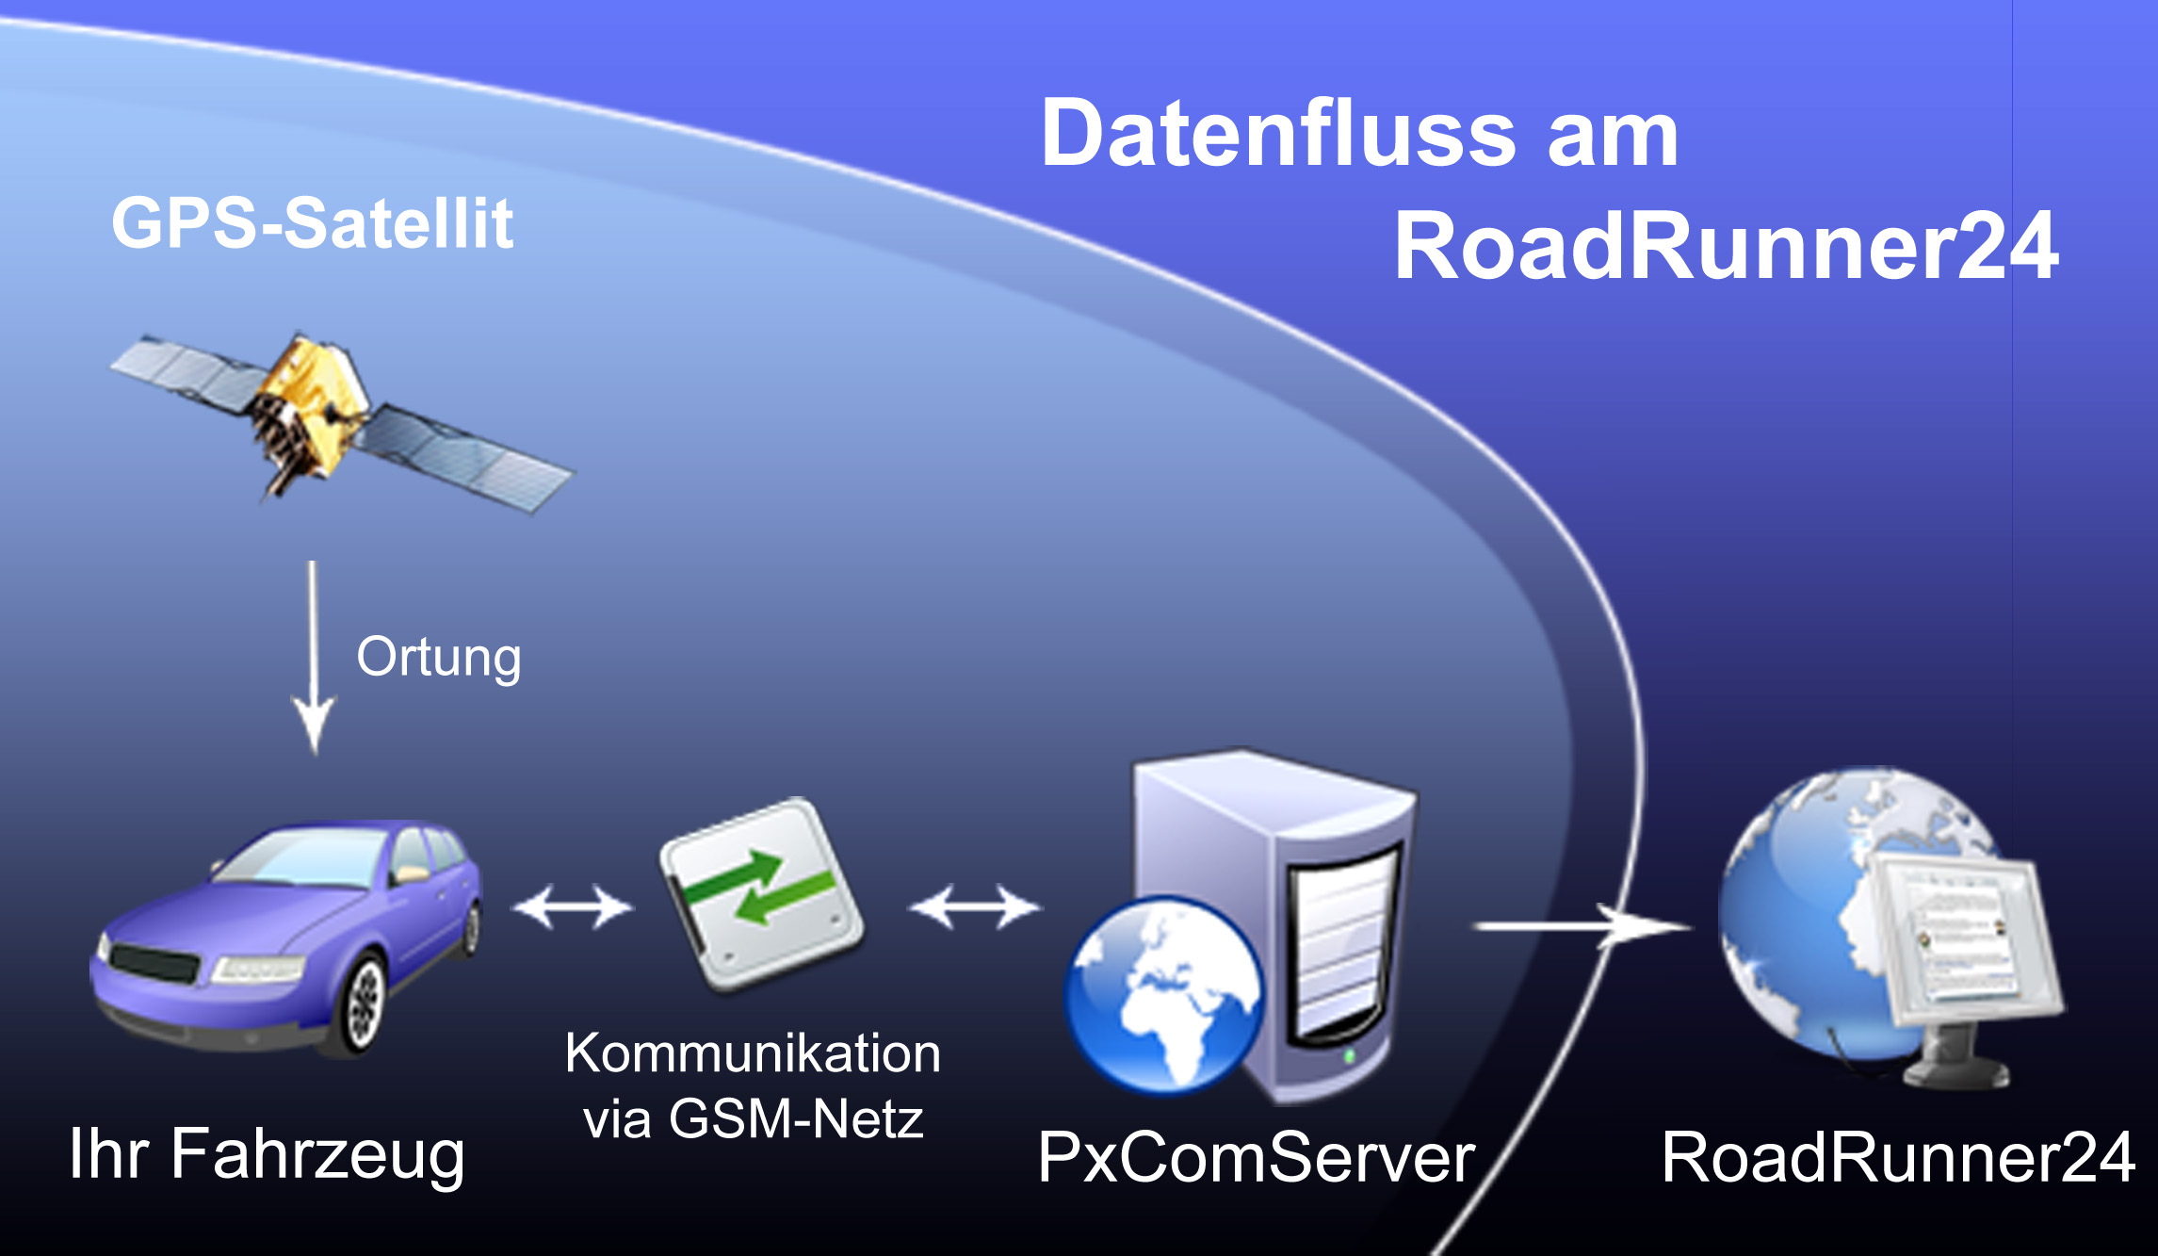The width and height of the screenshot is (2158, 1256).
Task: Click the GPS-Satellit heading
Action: point(312,223)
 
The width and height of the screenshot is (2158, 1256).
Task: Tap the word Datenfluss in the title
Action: point(1277,135)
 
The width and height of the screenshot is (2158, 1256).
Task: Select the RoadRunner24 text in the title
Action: point(1726,246)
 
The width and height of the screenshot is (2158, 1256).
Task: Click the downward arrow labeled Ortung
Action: point(313,660)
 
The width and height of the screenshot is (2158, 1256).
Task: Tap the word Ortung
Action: point(438,658)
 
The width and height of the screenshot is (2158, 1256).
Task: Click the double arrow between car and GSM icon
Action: point(572,907)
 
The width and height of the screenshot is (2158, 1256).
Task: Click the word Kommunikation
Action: point(753,1052)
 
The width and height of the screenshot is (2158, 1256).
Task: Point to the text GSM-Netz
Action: point(796,1119)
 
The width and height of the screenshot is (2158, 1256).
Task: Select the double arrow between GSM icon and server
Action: point(975,907)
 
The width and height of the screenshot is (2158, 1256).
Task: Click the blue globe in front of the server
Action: point(1164,994)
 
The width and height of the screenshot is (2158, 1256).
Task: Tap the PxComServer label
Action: point(1256,1157)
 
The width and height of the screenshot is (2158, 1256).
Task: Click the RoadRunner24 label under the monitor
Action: point(1897,1157)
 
